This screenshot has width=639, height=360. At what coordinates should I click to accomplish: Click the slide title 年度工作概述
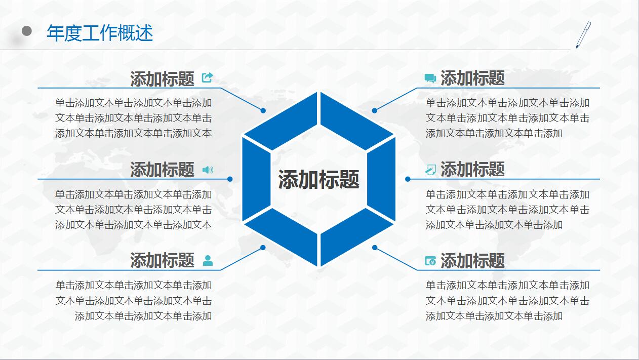point(100,33)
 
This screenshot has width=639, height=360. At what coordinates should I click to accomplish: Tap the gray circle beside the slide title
point(27,31)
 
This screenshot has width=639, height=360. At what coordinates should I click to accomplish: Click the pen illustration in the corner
point(583,34)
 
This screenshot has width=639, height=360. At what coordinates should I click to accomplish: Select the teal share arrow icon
point(207,77)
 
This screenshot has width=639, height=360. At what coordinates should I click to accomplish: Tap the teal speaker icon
point(208,170)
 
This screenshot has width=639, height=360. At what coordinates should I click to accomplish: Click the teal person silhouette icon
point(208,260)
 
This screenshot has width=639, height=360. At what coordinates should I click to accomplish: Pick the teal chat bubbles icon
point(430,78)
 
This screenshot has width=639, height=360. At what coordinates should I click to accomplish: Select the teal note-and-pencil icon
point(430,170)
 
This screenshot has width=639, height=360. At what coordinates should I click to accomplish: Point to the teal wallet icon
point(430,261)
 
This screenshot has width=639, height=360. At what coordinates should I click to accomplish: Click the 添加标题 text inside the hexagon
point(318,180)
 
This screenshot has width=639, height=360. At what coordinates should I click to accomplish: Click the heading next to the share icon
point(162,79)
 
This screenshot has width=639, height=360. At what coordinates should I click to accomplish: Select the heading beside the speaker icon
point(162,170)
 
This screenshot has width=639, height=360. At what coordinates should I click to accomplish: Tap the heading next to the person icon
point(162,260)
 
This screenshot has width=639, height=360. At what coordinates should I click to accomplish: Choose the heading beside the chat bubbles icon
point(472,78)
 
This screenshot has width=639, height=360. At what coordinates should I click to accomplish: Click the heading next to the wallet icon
point(472,261)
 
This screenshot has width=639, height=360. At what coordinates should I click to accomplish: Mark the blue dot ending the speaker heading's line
point(230,179)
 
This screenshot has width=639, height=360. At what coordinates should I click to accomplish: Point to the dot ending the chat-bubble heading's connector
point(374,110)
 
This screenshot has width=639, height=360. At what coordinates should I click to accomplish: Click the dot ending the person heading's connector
point(263,248)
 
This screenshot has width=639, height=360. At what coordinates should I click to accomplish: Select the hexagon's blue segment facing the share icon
point(281,122)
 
